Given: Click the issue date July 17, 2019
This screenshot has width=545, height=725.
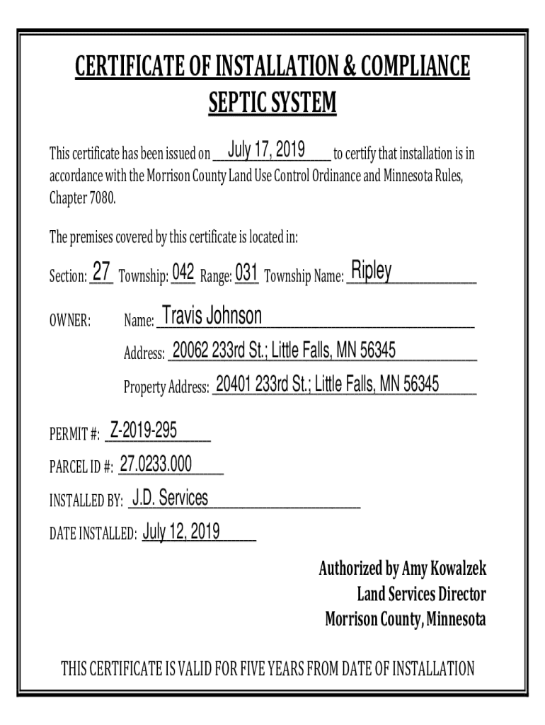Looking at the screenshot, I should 267,150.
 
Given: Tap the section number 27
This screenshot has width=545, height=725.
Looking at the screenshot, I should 102,272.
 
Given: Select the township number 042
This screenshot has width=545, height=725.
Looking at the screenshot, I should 183,272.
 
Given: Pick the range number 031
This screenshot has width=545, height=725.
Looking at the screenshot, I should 246,272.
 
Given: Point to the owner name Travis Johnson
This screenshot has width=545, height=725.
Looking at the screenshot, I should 212,316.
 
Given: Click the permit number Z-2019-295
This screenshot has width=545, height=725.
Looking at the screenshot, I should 143,429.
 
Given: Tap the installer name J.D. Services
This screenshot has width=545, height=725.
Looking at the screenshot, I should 171,498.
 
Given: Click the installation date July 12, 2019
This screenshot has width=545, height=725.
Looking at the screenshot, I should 181,531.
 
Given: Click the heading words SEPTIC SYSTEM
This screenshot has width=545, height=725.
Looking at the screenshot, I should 272,103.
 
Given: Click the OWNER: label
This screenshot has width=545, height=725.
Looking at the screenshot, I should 69,321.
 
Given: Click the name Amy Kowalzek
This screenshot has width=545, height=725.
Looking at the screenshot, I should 444,569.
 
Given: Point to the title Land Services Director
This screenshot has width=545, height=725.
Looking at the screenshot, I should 421,594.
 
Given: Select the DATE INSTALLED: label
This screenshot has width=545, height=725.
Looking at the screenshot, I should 93,534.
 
